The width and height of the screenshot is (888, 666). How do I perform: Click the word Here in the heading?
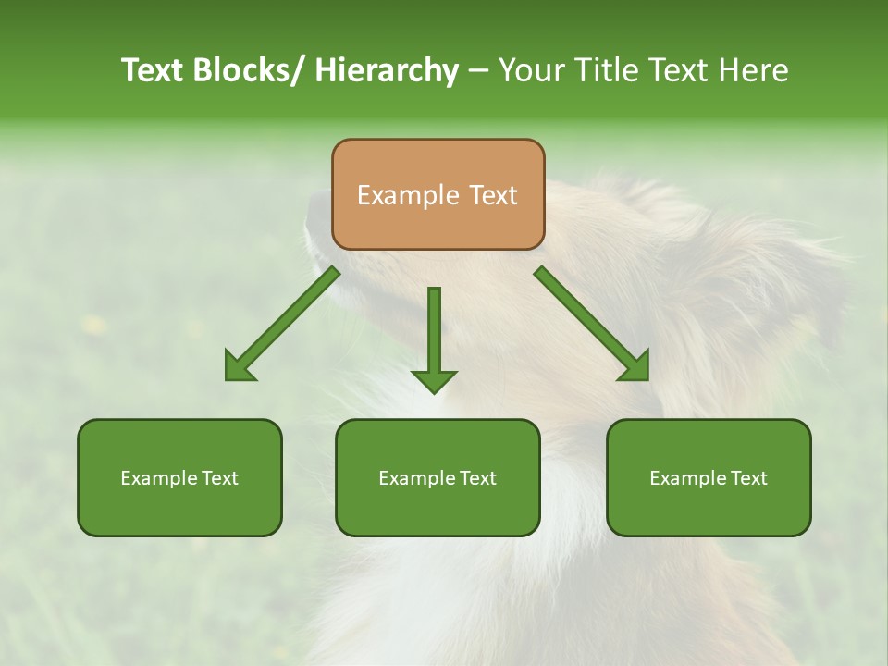click(754, 70)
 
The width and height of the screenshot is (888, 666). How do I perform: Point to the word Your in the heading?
click(530, 70)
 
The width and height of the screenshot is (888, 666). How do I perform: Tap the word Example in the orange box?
click(407, 195)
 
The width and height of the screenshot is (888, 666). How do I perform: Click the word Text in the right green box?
click(748, 478)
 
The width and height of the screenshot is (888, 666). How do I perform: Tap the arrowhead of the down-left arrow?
click(239, 368)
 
